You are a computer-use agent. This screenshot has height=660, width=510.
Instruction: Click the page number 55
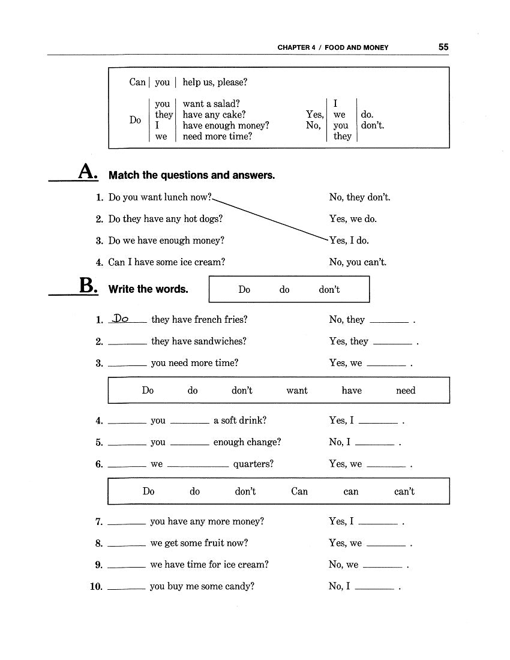443,47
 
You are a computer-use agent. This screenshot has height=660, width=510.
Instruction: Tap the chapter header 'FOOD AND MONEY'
356,47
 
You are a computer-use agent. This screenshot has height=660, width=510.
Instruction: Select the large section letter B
88,286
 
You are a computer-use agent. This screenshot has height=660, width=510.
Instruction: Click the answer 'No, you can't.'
358,262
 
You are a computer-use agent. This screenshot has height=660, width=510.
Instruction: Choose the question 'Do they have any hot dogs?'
166,219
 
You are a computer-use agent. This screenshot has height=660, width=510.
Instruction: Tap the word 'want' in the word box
297,391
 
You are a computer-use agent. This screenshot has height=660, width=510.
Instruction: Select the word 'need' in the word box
406,391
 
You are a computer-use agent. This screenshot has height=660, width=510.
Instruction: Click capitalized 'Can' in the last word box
299,491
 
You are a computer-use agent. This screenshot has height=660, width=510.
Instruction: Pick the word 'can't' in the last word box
404,491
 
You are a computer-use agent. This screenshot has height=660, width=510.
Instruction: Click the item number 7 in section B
99,522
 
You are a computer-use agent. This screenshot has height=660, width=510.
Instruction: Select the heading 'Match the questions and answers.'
191,175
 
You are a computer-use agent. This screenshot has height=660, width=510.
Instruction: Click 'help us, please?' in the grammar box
215,82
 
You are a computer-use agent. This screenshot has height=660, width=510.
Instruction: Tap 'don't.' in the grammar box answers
373,125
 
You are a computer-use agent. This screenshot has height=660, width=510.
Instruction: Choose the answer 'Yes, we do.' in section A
353,219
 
